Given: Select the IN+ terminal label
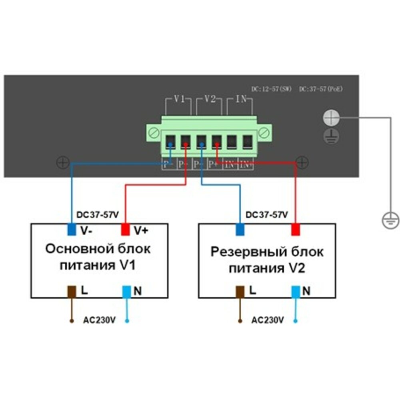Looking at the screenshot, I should [x=246, y=164].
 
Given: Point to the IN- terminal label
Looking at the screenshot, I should [x=230, y=164].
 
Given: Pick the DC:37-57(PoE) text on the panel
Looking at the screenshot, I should [x=321, y=89].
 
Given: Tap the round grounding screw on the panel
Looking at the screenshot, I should [x=331, y=117].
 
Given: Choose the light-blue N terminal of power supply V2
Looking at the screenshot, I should [x=296, y=291].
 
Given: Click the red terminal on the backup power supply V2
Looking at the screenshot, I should [x=296, y=230].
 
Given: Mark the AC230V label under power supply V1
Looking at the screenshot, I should [x=100, y=320].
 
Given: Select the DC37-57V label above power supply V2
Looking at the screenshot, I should [x=267, y=215].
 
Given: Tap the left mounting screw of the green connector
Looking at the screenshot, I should [x=152, y=132].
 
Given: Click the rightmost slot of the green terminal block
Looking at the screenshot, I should [x=247, y=141].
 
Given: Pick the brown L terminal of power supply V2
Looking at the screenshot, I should [x=240, y=291].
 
